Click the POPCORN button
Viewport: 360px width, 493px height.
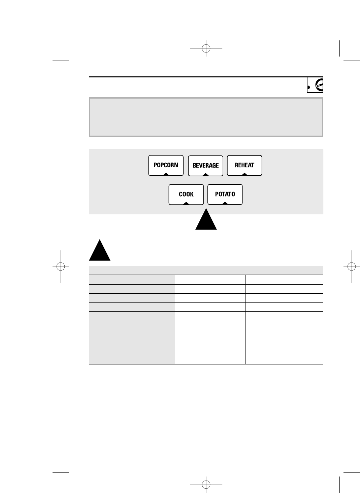click(x=166, y=165)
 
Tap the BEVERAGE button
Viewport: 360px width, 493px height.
click(x=205, y=166)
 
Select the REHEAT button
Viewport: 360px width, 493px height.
click(x=244, y=165)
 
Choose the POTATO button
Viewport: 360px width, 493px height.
click(x=225, y=194)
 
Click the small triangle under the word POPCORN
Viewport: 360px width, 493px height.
click(x=166, y=174)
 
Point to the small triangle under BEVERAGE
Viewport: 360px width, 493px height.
click(x=205, y=174)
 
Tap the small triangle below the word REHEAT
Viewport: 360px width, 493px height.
click(x=244, y=174)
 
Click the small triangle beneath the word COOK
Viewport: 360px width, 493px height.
click(x=186, y=203)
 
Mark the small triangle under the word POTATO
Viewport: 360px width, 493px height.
click(x=225, y=203)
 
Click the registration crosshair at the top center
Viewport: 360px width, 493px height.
click(x=206, y=48)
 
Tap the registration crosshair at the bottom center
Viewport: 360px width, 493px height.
click(x=206, y=485)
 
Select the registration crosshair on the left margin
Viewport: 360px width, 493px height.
click(x=61, y=266)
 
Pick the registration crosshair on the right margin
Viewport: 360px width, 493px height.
click(x=352, y=266)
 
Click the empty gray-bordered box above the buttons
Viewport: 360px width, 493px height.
click(x=206, y=117)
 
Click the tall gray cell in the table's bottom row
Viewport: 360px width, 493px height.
click(x=132, y=338)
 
